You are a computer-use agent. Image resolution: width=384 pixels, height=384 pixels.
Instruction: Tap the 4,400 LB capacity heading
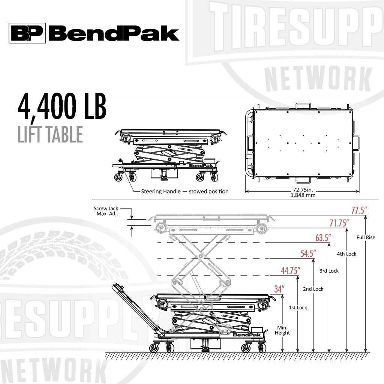(62, 107)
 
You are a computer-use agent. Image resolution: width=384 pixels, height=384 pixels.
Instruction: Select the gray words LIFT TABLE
(50, 134)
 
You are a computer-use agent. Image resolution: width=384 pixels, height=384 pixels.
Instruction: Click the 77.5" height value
(358, 211)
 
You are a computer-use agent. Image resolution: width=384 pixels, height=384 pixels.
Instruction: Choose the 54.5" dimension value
(308, 253)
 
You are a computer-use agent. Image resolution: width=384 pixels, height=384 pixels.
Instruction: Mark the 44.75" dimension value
(290, 271)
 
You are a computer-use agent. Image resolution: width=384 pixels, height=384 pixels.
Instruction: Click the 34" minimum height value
(279, 289)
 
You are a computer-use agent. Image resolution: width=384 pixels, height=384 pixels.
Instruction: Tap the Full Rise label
(366, 237)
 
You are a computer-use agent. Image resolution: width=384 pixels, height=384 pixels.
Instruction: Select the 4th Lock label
(346, 254)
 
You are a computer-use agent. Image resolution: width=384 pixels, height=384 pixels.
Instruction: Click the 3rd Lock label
(329, 271)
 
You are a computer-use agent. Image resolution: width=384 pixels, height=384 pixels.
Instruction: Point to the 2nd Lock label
(313, 289)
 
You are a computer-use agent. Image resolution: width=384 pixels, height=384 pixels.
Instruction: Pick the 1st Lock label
(297, 307)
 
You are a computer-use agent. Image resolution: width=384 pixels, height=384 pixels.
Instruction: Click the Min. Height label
(282, 330)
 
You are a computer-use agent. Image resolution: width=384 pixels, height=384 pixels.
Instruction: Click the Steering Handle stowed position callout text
(184, 191)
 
